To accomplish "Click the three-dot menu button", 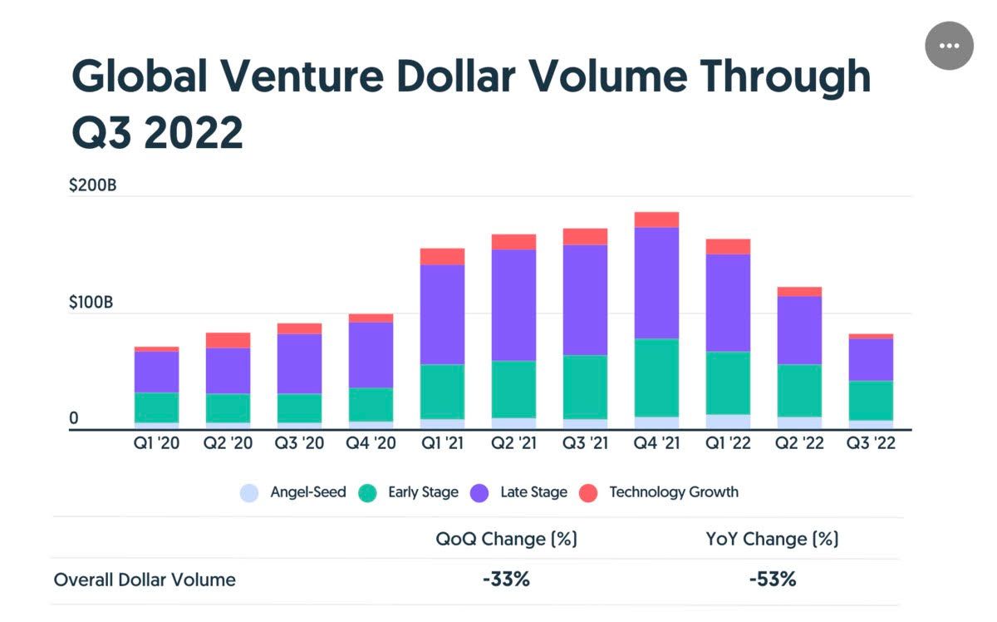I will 949,46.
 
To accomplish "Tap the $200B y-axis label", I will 93,185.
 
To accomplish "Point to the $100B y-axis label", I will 93,302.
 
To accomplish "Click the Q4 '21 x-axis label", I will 656,443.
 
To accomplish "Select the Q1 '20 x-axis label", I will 156,443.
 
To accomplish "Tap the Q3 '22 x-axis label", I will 870,443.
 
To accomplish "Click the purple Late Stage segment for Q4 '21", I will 656,283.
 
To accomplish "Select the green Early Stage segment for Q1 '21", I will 442,391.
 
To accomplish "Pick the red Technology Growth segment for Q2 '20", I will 228,340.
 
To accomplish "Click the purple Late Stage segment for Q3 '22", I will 870,359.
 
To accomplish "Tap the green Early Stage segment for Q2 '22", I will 799,390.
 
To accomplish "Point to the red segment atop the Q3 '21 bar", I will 585,236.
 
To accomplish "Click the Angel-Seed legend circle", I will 249,492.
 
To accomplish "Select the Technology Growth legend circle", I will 587,492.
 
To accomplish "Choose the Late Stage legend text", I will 533,492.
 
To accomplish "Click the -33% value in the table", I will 506,580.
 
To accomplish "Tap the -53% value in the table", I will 773,580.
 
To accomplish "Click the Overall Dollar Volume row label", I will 145,580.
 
